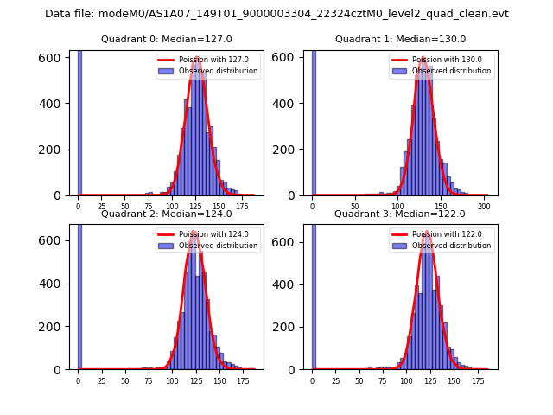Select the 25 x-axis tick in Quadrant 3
pos(336,380)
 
